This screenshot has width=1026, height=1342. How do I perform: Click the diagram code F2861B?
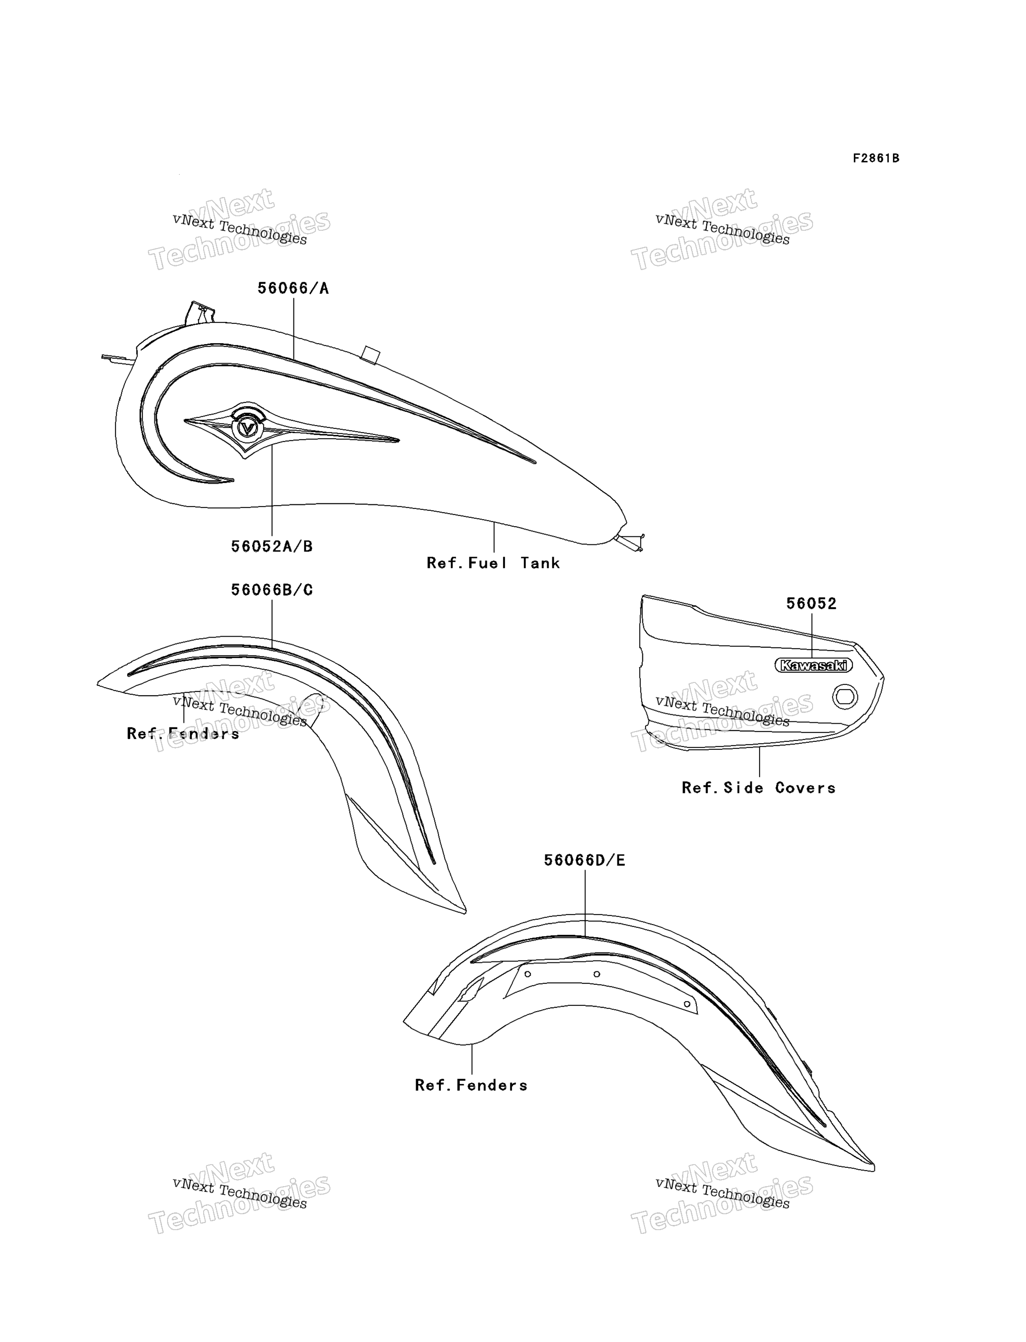click(876, 159)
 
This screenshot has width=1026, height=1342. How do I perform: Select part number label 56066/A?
click(293, 288)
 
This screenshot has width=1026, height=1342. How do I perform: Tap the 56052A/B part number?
click(272, 546)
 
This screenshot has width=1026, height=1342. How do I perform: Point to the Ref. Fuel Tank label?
click(493, 563)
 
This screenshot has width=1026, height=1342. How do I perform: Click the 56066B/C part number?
click(272, 590)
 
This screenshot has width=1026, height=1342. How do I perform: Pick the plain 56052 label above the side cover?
click(811, 603)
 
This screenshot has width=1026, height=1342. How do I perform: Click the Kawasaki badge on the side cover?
click(813, 665)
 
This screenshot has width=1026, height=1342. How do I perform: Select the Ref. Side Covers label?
click(759, 788)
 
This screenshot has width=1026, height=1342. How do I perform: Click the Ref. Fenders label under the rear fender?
click(471, 1085)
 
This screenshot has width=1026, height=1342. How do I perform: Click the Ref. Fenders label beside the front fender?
click(183, 733)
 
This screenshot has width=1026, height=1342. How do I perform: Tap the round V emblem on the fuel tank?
click(247, 427)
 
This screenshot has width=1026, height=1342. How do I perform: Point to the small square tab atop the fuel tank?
click(370, 355)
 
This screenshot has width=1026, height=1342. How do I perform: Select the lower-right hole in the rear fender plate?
click(687, 1004)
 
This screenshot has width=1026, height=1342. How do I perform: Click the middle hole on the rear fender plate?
click(597, 974)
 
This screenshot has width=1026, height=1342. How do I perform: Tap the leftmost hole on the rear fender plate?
click(528, 974)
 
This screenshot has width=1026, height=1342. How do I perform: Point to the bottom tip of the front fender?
click(465, 913)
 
